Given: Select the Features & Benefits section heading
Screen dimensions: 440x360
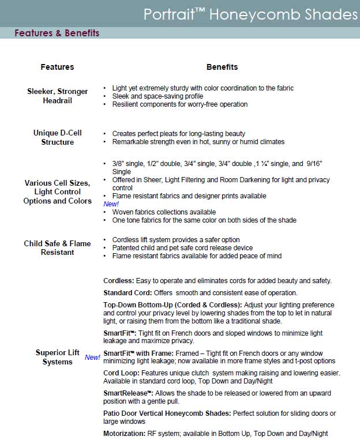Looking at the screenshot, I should [x=57, y=33].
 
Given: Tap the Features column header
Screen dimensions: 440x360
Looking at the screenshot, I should [x=57, y=67].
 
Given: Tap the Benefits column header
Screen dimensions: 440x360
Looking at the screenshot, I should [x=222, y=67].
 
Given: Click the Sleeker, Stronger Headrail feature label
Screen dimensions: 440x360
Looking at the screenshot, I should [x=57, y=96].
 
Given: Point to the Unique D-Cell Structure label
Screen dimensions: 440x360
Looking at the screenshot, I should [x=57, y=137].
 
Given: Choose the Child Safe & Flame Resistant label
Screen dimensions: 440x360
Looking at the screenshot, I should [x=57, y=248].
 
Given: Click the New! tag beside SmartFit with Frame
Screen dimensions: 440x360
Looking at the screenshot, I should [x=92, y=358].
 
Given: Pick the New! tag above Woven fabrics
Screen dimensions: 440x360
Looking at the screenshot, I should [x=111, y=204].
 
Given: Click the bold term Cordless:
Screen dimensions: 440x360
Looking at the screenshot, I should [x=119, y=281].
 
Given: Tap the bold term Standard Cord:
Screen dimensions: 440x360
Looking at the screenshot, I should [x=127, y=293].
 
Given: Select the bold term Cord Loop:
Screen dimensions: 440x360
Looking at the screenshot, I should [x=122, y=373].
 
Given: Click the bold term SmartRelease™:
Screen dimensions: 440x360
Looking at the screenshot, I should [x=128, y=393].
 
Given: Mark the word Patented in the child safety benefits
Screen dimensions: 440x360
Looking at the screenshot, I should [x=126, y=248].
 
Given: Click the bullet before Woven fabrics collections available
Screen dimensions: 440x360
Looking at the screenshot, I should [x=104, y=212].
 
